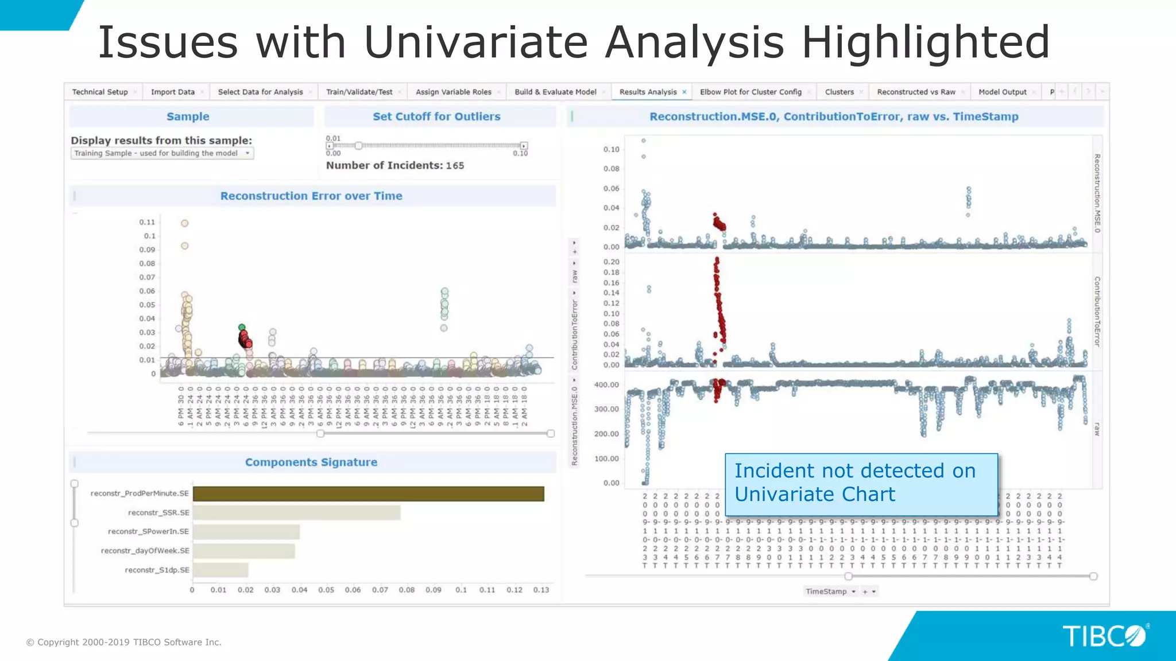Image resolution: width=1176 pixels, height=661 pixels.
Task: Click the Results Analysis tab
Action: [x=648, y=92]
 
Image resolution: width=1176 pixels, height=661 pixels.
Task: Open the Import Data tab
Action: [x=172, y=92]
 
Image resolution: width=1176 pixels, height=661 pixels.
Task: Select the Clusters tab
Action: [x=839, y=92]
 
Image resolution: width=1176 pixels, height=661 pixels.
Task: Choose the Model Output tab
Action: [x=1002, y=92]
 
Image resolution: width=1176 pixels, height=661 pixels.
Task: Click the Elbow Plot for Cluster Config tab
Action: [x=750, y=92]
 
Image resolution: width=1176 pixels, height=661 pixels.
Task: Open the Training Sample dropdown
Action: [x=162, y=153]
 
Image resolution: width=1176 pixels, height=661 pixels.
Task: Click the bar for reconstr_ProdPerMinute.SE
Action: [x=368, y=493]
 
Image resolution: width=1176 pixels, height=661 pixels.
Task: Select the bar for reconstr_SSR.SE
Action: [x=296, y=512]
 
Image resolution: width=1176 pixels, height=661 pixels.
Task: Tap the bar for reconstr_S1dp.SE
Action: [x=220, y=570]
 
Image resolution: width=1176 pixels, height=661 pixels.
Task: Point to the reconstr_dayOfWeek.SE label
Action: [x=145, y=551]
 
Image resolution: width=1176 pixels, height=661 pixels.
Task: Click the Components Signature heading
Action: [x=311, y=462]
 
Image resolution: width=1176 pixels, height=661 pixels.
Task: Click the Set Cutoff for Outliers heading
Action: [x=436, y=116]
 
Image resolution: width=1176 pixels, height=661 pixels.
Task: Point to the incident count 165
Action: [x=455, y=166]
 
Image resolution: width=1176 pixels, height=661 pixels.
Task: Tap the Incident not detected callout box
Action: [x=861, y=483]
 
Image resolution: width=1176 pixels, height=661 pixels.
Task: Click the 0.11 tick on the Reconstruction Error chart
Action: [x=147, y=223]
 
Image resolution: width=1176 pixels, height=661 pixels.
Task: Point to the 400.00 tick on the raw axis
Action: [x=606, y=385]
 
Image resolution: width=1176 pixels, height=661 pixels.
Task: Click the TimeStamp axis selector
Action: [x=830, y=592]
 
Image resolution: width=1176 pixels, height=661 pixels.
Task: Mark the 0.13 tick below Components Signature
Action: [x=541, y=590]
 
